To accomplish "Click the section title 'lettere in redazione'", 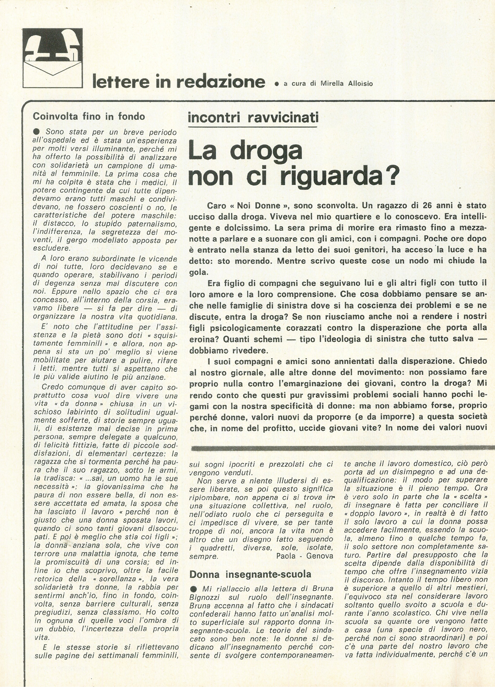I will point(179,82).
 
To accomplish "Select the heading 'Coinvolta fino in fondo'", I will point(89,116).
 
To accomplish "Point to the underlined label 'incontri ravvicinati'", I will point(252,117).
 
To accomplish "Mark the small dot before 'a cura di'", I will point(276,84).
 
